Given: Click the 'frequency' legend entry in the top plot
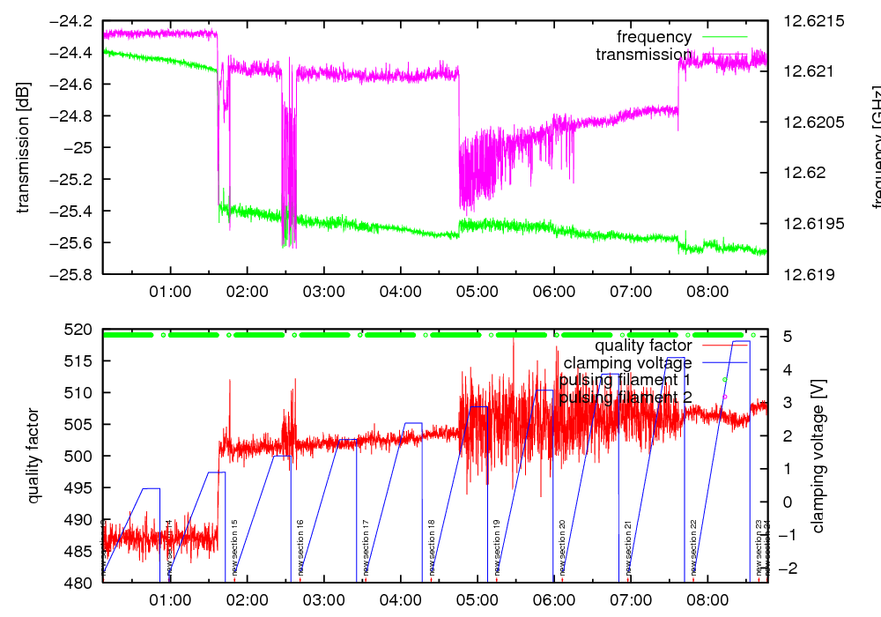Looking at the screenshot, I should click(x=654, y=37).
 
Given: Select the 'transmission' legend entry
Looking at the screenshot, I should click(x=643, y=55).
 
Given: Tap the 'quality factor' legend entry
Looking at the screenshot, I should click(x=642, y=346).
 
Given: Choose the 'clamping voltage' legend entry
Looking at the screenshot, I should click(x=627, y=362).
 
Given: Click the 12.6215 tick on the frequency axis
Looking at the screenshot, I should click(x=807, y=20).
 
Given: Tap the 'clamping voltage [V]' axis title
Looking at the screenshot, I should click(x=818, y=456).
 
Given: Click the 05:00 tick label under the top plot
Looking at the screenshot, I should click(x=477, y=291).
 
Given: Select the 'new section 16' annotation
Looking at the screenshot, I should click(x=300, y=547).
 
